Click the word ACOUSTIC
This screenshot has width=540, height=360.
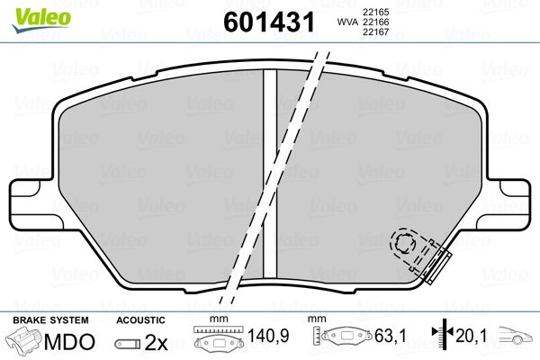[141, 320]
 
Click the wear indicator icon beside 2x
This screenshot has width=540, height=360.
[130, 343]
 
